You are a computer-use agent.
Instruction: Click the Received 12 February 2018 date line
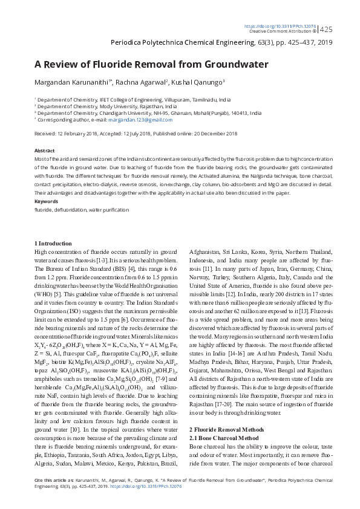136,134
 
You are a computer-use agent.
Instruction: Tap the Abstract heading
45,151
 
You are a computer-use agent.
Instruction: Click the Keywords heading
47,201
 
